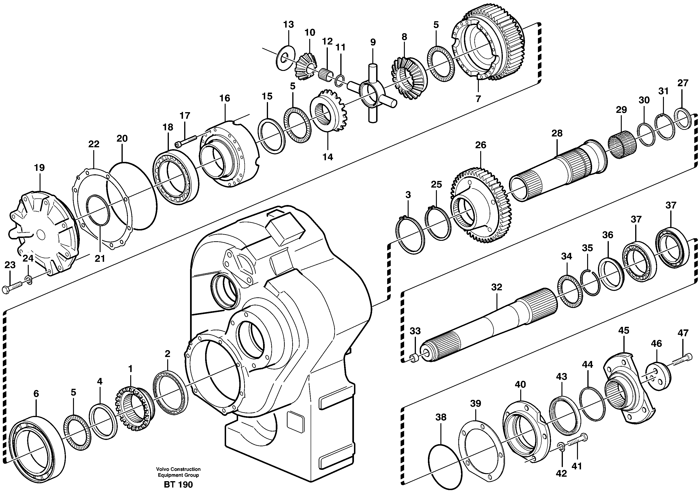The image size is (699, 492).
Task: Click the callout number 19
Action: [x=39, y=168]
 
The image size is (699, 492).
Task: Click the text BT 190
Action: [x=178, y=484]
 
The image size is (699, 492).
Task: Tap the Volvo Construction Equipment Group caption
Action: [x=178, y=472]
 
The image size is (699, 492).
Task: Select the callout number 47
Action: [x=683, y=333]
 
